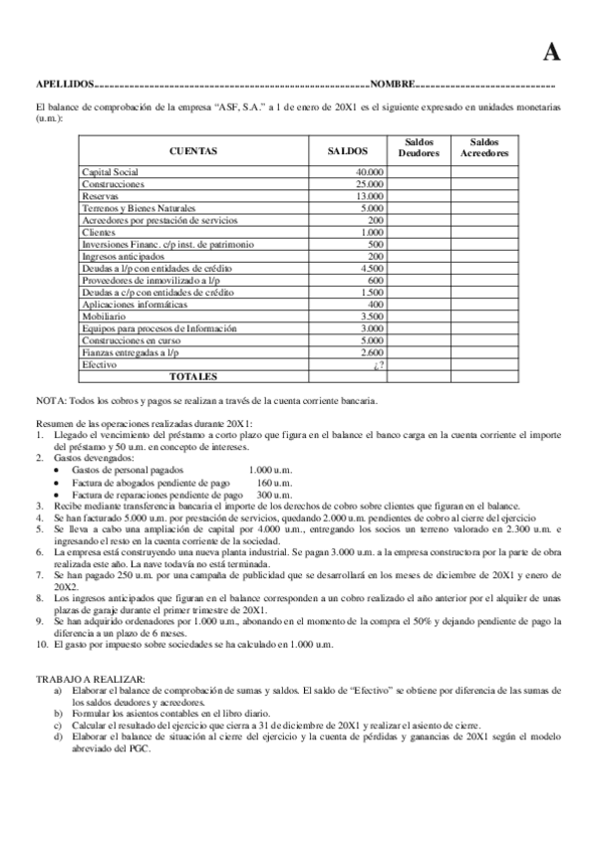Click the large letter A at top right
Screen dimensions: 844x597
(550, 53)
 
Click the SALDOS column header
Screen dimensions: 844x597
(348, 151)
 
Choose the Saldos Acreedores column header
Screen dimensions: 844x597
(484, 148)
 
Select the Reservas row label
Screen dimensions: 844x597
(100, 196)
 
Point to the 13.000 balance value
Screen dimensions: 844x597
(369, 196)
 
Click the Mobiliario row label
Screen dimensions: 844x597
(104, 316)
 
